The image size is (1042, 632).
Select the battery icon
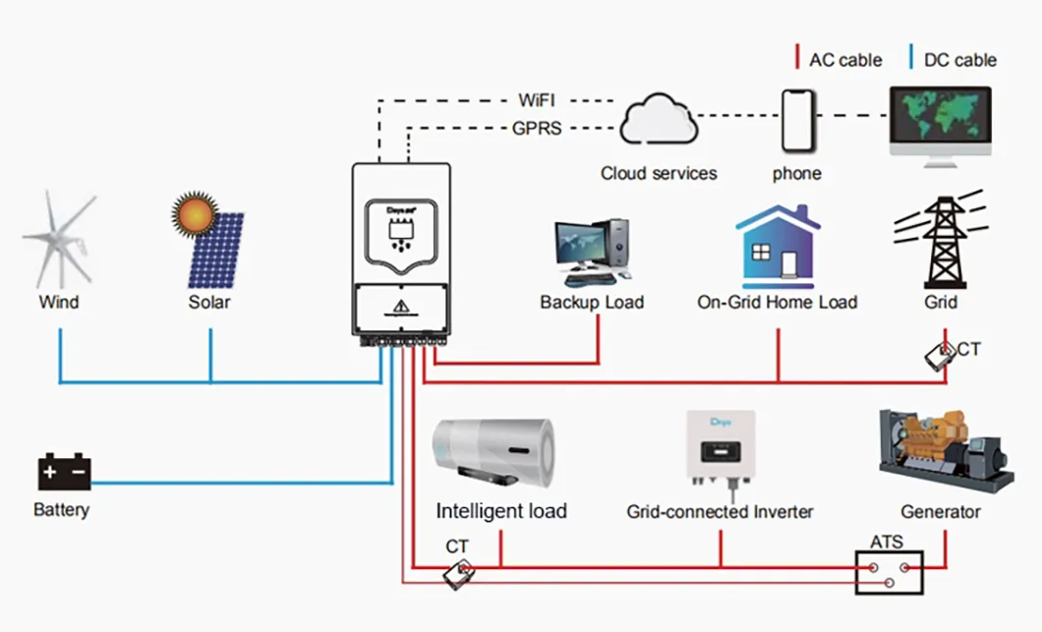point(64,472)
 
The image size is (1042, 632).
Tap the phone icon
point(796,122)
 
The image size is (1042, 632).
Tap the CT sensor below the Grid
point(941,356)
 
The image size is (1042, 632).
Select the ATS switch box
point(890,573)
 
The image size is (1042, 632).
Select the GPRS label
point(537,128)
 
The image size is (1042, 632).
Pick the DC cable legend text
point(959,60)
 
